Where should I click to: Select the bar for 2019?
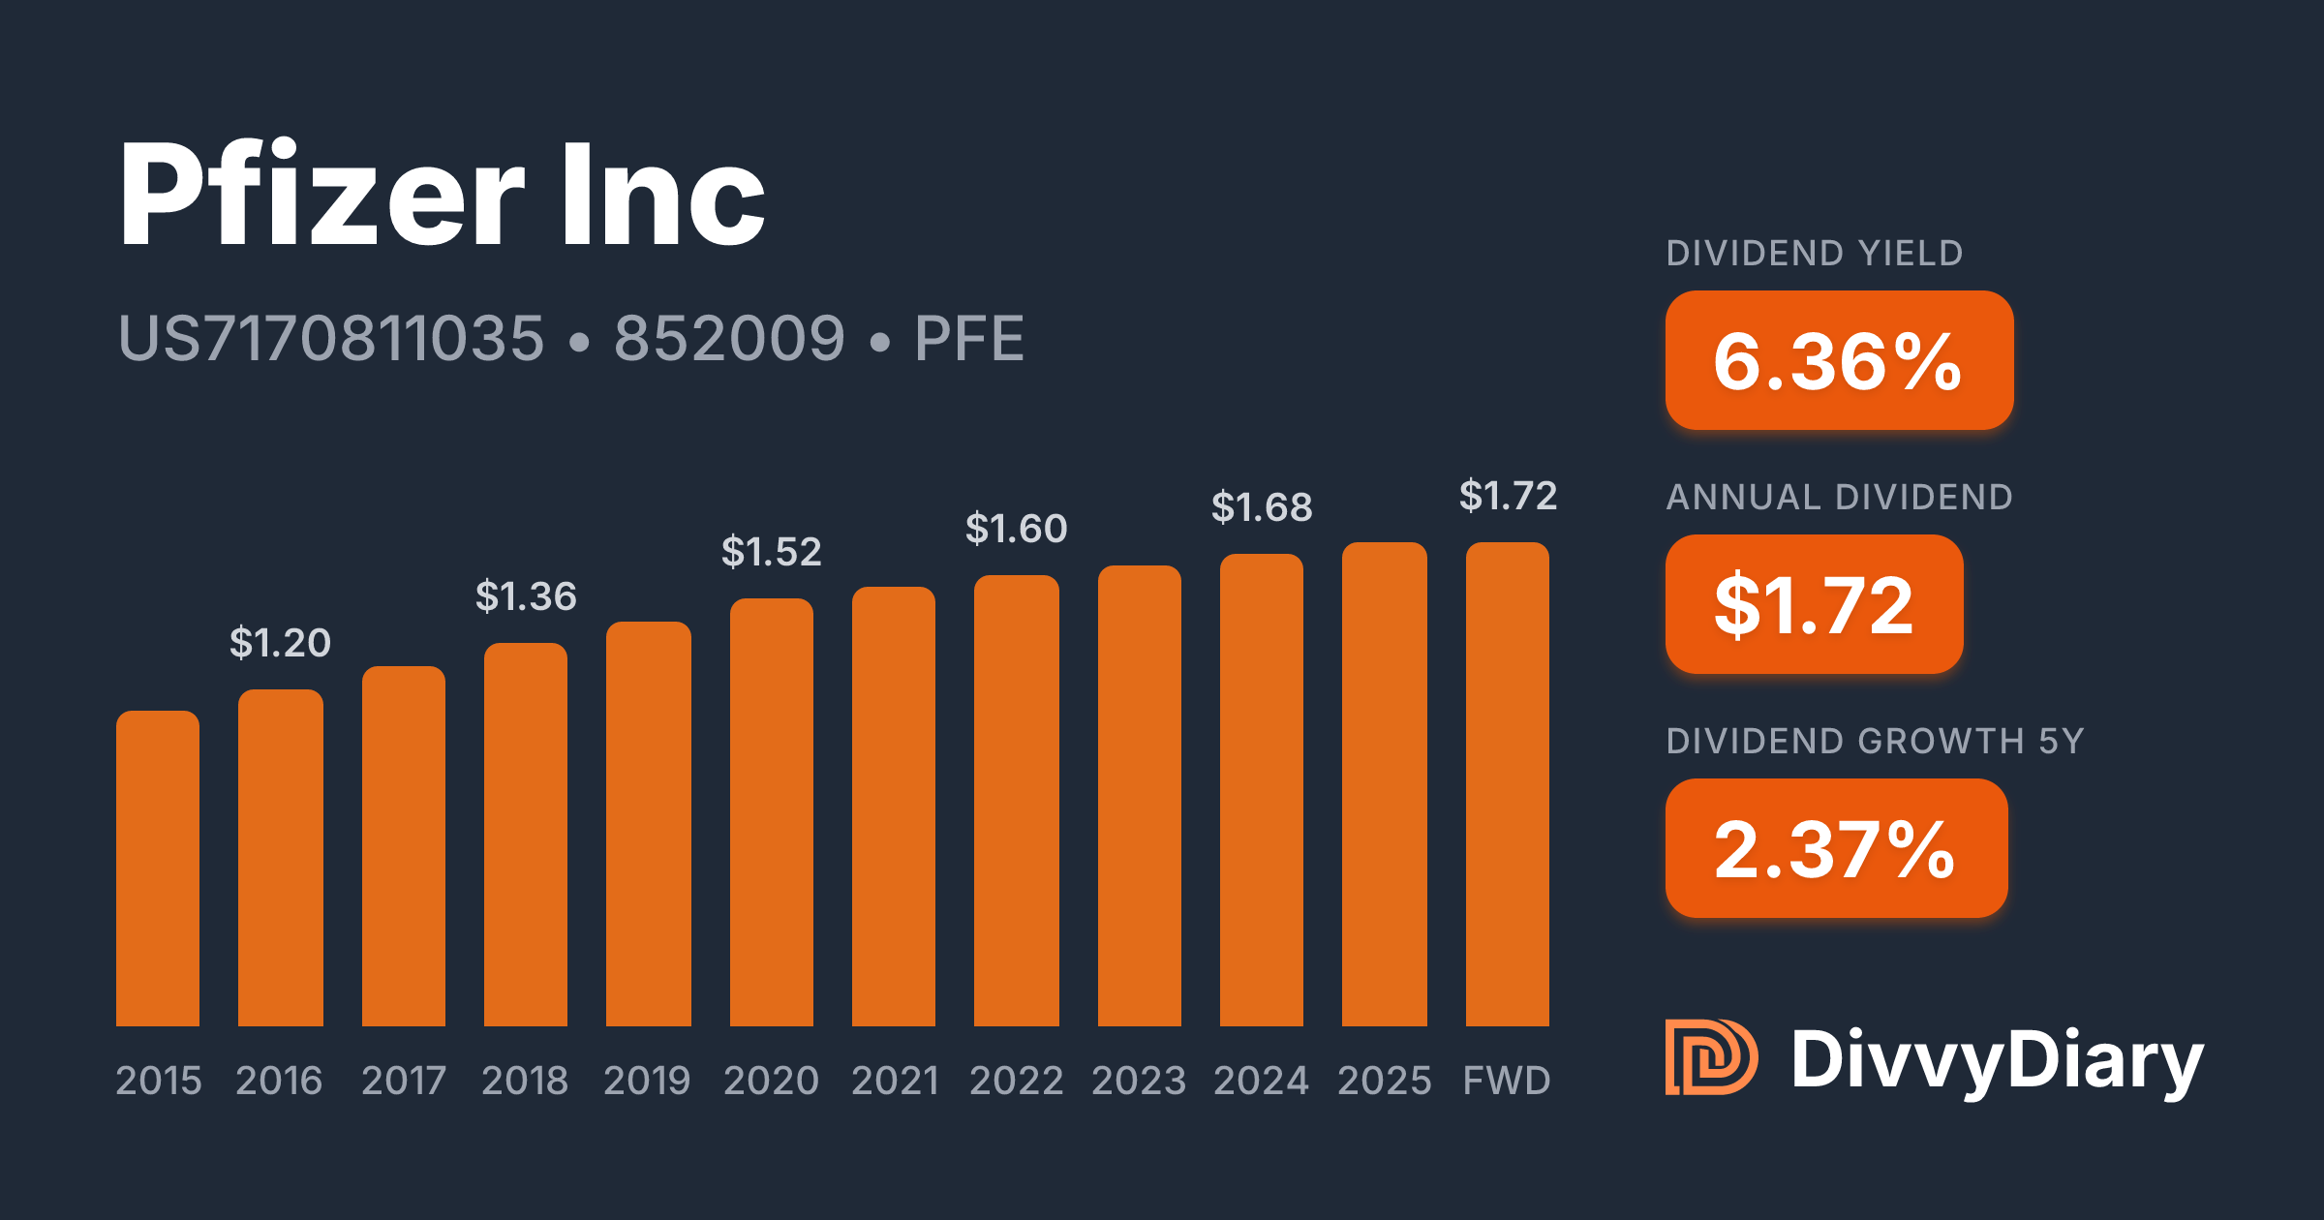coord(649,824)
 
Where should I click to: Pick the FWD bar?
coord(1508,784)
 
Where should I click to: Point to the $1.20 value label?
coord(280,643)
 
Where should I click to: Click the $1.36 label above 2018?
coord(526,596)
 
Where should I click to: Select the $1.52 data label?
coord(772,552)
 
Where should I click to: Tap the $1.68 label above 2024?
coord(1262,507)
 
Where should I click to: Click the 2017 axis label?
coord(404,1080)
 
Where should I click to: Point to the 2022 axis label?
coord(1017,1080)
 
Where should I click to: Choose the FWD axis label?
coord(1507,1080)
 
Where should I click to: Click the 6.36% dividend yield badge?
coord(1839,360)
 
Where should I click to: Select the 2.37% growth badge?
coord(1836,848)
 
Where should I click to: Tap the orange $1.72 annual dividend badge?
coord(1814,604)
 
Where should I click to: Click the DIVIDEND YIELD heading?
coord(1815,254)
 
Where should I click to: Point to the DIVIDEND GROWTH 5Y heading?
coord(1875,742)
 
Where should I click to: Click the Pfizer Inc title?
coord(442,194)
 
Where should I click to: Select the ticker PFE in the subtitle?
coord(969,339)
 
